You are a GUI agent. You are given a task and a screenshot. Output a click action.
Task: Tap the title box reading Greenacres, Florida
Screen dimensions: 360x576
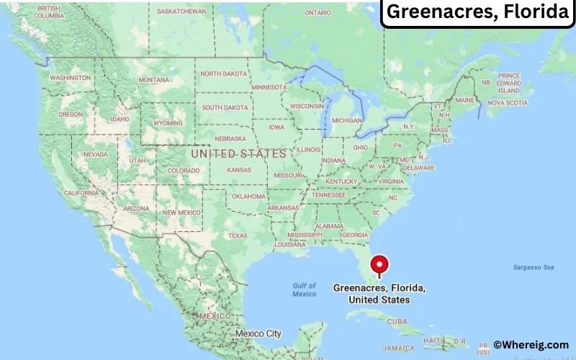(x=478, y=13)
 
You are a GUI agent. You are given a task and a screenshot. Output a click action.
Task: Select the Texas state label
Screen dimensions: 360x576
(x=238, y=235)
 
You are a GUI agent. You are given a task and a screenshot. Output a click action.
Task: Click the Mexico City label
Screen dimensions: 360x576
(x=258, y=334)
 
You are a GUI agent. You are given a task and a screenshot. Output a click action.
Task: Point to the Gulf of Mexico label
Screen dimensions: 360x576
(x=304, y=289)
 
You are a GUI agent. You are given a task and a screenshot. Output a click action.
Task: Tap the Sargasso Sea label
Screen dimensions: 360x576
(x=534, y=267)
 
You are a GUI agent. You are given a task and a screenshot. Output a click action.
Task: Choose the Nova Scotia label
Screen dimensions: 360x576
(x=508, y=103)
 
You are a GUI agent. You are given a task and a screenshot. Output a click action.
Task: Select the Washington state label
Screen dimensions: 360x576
(x=70, y=78)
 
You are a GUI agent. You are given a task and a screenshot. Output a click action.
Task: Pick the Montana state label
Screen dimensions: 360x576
(x=153, y=79)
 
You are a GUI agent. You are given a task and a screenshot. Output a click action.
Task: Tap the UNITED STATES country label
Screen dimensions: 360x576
(x=238, y=154)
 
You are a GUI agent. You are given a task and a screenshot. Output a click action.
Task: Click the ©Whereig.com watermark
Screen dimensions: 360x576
(x=531, y=345)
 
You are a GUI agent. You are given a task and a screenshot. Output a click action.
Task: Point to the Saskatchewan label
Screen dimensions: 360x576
(x=181, y=12)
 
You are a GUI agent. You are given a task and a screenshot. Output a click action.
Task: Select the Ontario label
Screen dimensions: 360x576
(x=318, y=12)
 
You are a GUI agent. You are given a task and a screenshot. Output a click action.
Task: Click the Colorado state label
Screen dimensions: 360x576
(x=183, y=171)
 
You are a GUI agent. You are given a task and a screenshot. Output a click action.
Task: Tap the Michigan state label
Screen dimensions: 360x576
(x=347, y=120)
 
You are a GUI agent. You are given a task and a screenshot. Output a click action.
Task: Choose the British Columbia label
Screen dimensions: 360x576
(x=49, y=12)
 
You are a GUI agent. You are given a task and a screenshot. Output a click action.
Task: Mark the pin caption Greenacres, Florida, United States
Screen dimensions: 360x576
(x=379, y=294)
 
